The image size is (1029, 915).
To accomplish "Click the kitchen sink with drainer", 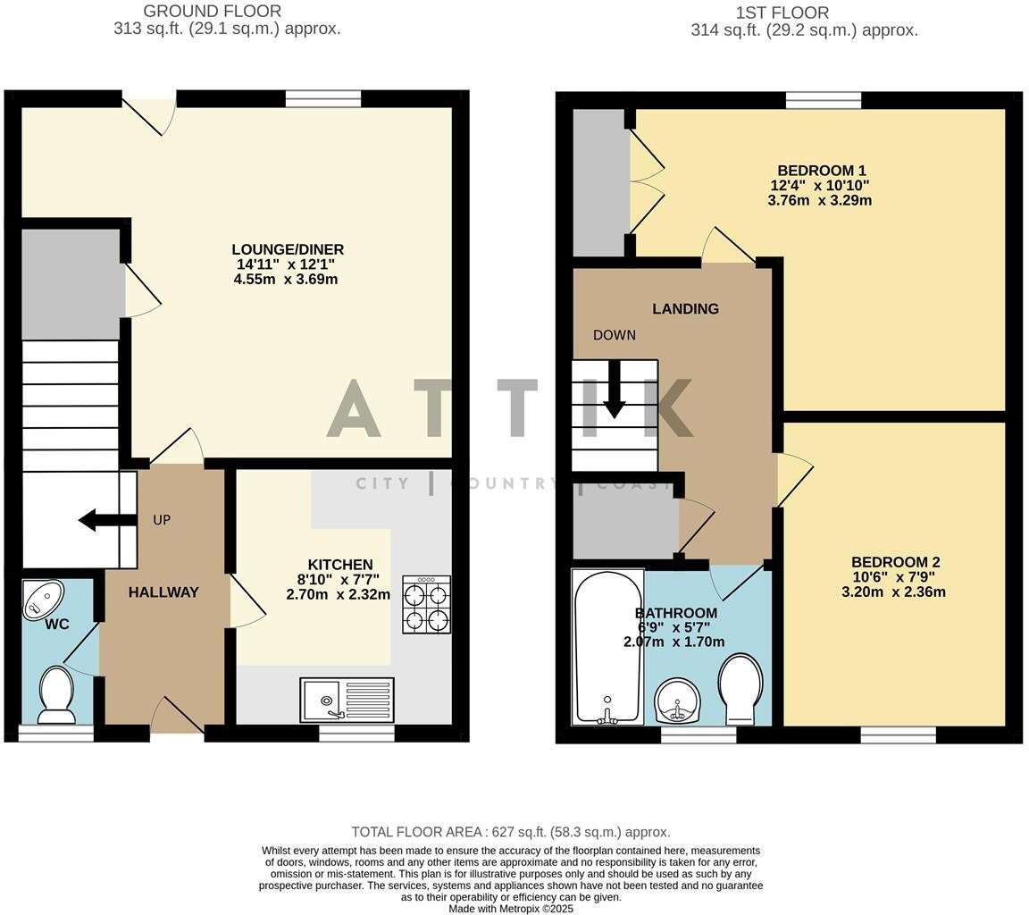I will (347, 700).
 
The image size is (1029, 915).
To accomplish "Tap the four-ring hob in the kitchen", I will (426, 605).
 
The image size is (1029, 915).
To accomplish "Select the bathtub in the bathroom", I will (607, 646).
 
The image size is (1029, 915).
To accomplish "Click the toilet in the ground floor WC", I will (57, 696).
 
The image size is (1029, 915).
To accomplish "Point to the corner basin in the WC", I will (43, 598).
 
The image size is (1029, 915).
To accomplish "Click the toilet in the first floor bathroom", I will (740, 690).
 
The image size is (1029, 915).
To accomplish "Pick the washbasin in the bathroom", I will (679, 701).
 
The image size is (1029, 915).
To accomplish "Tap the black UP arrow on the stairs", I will (99, 520).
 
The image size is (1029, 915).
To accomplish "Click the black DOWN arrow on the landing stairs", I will (614, 390).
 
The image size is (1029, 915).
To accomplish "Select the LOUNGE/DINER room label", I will (287, 249).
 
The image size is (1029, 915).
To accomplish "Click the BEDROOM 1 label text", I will (821, 171).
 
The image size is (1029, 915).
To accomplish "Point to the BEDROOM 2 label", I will (894, 562).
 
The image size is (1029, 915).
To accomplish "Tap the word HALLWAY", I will (163, 592).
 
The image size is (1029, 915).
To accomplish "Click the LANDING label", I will (685, 309).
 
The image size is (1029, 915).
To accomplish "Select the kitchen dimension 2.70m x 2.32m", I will (338, 594).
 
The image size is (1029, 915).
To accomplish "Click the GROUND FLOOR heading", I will (212, 12).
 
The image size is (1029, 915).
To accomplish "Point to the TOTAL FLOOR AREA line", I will (510, 832).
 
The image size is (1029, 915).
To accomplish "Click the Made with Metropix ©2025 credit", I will (510, 908).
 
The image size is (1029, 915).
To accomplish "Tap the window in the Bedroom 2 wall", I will (898, 735).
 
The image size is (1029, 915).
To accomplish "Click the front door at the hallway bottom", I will (177, 720).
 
